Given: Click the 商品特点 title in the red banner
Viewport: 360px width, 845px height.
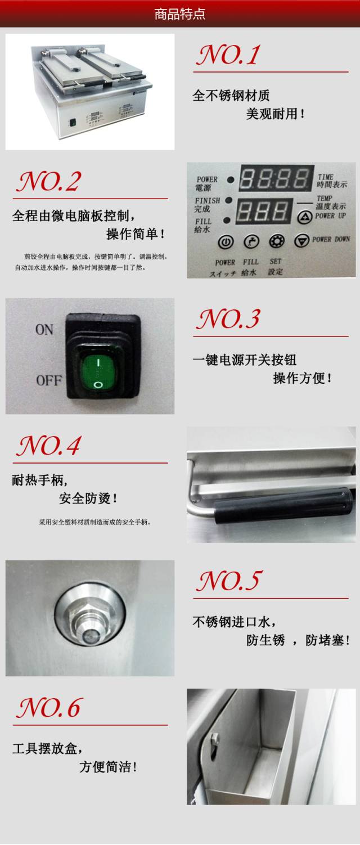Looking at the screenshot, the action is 179,14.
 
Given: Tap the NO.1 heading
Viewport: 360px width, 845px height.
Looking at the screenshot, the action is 228,55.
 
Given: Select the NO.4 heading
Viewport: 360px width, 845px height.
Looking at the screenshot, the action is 48,446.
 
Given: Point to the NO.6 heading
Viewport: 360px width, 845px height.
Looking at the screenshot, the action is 48,708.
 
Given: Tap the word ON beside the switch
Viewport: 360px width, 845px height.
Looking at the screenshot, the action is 44,330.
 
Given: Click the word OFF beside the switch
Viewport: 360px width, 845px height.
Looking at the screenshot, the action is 49,380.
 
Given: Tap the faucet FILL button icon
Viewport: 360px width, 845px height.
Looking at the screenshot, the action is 251,241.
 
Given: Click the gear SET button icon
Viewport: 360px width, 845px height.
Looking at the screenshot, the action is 277,241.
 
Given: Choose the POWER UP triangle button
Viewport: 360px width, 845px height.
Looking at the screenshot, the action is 305,217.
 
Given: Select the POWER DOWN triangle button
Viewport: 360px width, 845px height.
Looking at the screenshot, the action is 302,240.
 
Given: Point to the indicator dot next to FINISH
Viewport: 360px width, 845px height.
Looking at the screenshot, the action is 228,200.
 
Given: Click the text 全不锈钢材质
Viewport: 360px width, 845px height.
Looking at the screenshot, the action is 231,96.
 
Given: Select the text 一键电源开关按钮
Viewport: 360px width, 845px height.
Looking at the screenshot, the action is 244,360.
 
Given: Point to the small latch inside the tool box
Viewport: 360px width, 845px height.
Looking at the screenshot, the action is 214,740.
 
